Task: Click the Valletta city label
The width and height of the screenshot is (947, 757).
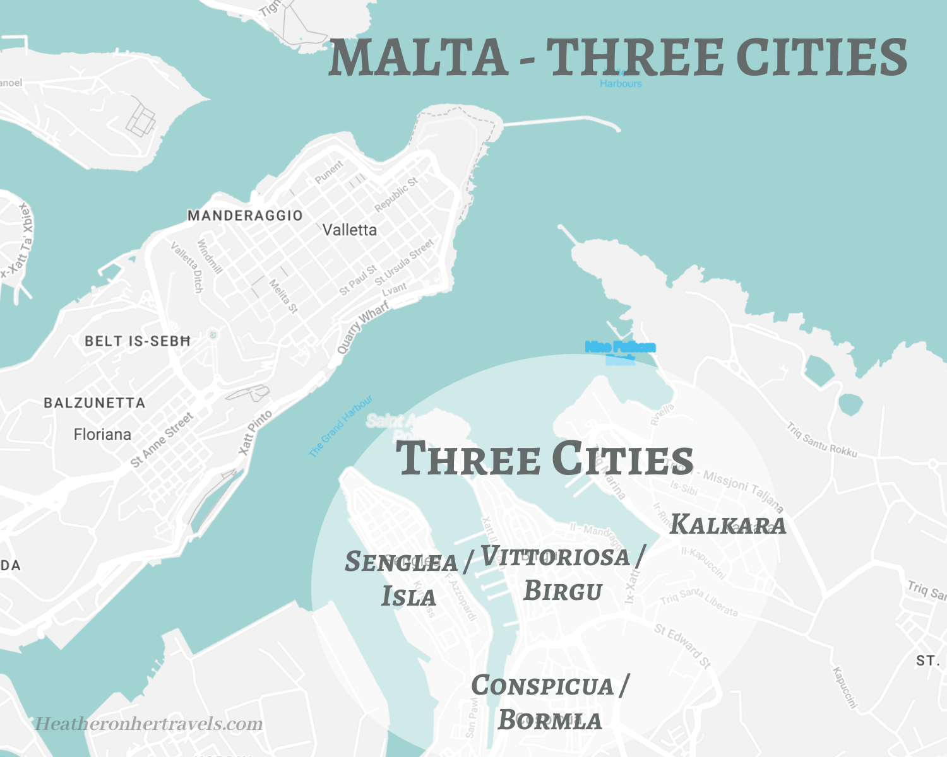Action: pos(350,230)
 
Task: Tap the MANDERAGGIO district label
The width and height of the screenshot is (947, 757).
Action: pos(245,216)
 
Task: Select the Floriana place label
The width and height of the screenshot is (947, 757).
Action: pos(102,435)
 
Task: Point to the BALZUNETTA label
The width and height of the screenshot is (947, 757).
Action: pos(94,403)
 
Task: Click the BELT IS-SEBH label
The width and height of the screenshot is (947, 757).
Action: pos(138,341)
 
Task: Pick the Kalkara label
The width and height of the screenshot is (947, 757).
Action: pos(728,525)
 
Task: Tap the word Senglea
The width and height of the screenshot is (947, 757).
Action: pos(402,562)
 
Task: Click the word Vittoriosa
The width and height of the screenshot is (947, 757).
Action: pos(555,556)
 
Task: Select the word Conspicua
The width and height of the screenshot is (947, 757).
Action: pos(542,686)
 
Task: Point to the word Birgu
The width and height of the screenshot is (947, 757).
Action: pos(563,591)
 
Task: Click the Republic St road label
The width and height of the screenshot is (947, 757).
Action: pos(396,194)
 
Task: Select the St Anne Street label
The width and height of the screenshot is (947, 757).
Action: pos(162,440)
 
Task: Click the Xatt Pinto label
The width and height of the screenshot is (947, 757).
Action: pos(256,433)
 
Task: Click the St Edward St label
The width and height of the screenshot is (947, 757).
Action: pos(682,645)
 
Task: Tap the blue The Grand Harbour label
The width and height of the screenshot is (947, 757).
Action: pos(341,426)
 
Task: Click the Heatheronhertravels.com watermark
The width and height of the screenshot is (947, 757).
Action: pos(148,724)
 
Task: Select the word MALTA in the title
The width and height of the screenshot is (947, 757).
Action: pos(418,58)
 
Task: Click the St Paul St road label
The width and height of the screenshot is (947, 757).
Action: pos(357,281)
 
